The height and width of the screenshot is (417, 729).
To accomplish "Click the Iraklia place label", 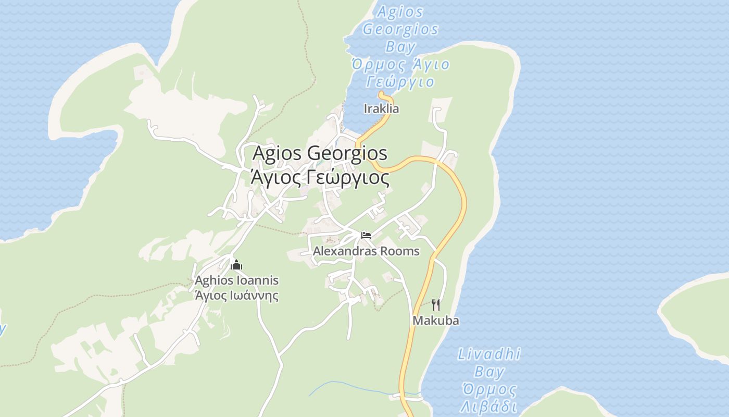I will (381, 108).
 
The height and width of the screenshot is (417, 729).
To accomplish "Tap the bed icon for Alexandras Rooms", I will (366, 235).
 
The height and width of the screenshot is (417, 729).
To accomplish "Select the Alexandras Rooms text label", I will (366, 251).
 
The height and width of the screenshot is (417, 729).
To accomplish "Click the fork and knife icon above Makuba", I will (436, 304).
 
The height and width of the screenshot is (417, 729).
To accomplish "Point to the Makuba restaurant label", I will (436, 321).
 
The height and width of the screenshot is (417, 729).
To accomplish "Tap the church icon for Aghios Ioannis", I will (236, 265).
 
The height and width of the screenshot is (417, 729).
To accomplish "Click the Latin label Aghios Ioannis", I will (236, 280).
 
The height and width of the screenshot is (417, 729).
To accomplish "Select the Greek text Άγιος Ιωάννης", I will (236, 296).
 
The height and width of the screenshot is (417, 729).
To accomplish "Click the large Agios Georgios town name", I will (320, 153).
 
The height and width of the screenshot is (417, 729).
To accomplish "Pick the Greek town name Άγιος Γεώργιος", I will (320, 178).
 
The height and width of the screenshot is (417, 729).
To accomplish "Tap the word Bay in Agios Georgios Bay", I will (400, 47).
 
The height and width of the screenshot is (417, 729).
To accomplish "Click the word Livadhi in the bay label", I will (489, 354).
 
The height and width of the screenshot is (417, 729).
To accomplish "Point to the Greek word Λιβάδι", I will (489, 407).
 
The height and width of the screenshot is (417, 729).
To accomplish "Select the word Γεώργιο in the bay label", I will (400, 82).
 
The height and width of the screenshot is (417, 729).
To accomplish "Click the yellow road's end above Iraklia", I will (382, 94).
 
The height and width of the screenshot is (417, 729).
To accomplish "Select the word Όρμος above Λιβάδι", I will (489, 389).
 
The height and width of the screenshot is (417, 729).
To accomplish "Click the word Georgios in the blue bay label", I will (400, 29).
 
